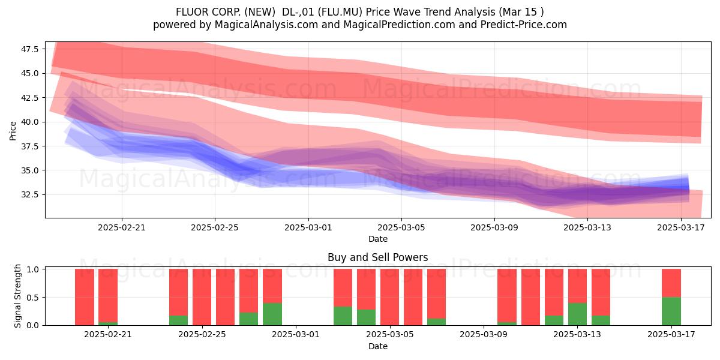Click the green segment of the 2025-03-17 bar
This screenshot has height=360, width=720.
click(x=671, y=311)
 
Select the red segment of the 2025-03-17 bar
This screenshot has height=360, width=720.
click(x=671, y=283)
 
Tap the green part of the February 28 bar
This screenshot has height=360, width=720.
click(x=272, y=314)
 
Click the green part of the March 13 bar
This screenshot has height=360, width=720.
click(x=577, y=314)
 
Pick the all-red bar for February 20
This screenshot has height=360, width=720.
click(x=85, y=297)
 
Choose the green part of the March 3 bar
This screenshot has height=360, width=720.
click(x=343, y=316)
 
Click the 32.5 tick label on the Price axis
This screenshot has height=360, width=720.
click(x=30, y=195)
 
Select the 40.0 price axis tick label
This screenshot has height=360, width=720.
click(x=30, y=122)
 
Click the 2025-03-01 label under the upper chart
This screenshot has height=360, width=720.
click(x=308, y=227)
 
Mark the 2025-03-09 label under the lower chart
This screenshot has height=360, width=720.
click(x=484, y=335)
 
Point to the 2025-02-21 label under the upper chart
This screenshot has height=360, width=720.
click(x=121, y=227)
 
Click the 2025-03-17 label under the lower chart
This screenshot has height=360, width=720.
click(x=671, y=335)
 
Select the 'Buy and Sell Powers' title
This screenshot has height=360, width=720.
click(x=377, y=257)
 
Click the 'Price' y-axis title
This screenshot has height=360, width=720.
click(x=13, y=131)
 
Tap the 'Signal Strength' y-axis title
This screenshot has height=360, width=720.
click(x=17, y=296)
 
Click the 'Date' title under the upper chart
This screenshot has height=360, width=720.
click(x=378, y=239)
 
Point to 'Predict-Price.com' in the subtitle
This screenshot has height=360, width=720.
click(x=524, y=25)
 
